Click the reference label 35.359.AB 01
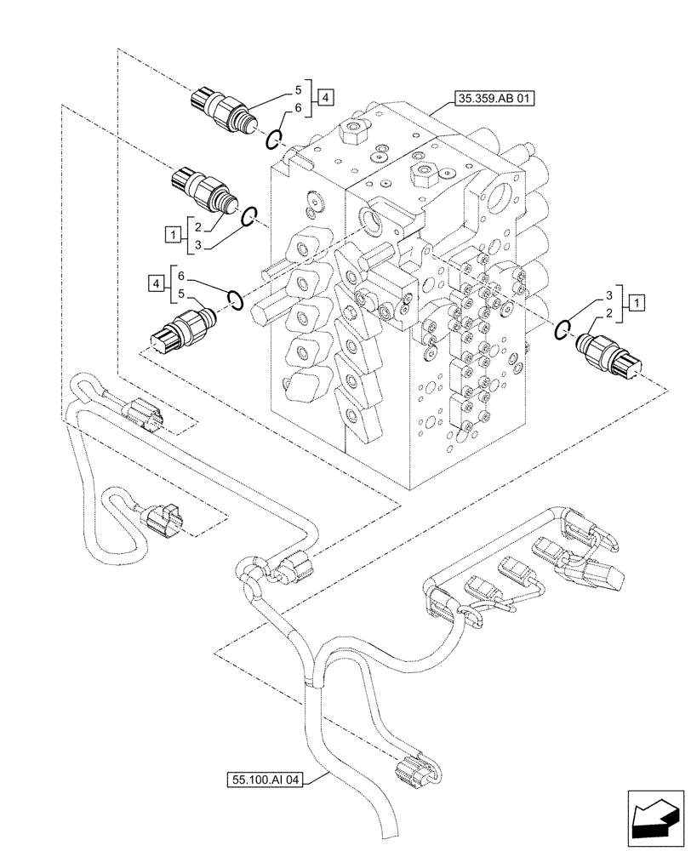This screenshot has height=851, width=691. (x=496, y=99)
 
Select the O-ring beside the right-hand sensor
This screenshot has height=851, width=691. (x=563, y=330)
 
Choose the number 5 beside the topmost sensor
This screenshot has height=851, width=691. (x=298, y=89)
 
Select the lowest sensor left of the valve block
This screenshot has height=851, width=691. (x=178, y=331)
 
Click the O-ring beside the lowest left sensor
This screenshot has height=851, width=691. (x=237, y=300)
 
